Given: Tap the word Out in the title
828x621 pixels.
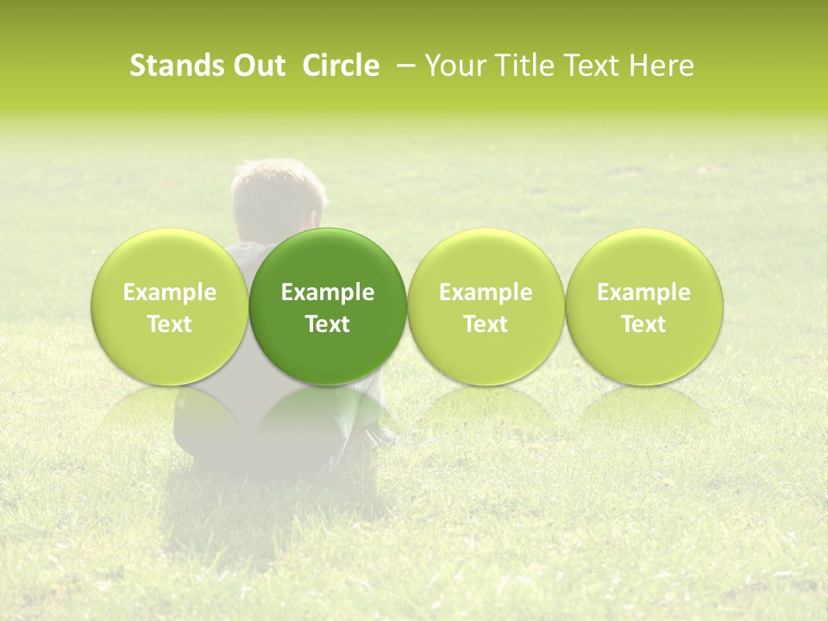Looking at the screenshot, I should (x=256, y=66).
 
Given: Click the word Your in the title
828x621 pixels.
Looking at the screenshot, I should (x=455, y=66).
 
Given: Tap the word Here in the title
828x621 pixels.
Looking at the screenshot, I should (x=662, y=66).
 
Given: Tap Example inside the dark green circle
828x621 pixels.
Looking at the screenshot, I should (x=328, y=293).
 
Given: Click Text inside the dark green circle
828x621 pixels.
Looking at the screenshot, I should (x=328, y=324).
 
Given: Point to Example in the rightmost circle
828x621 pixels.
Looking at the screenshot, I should (x=644, y=293).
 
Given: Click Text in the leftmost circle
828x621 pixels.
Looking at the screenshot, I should (x=170, y=324).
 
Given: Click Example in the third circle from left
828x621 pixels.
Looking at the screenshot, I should (x=486, y=293).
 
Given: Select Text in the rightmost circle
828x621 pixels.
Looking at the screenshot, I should (x=644, y=324).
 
